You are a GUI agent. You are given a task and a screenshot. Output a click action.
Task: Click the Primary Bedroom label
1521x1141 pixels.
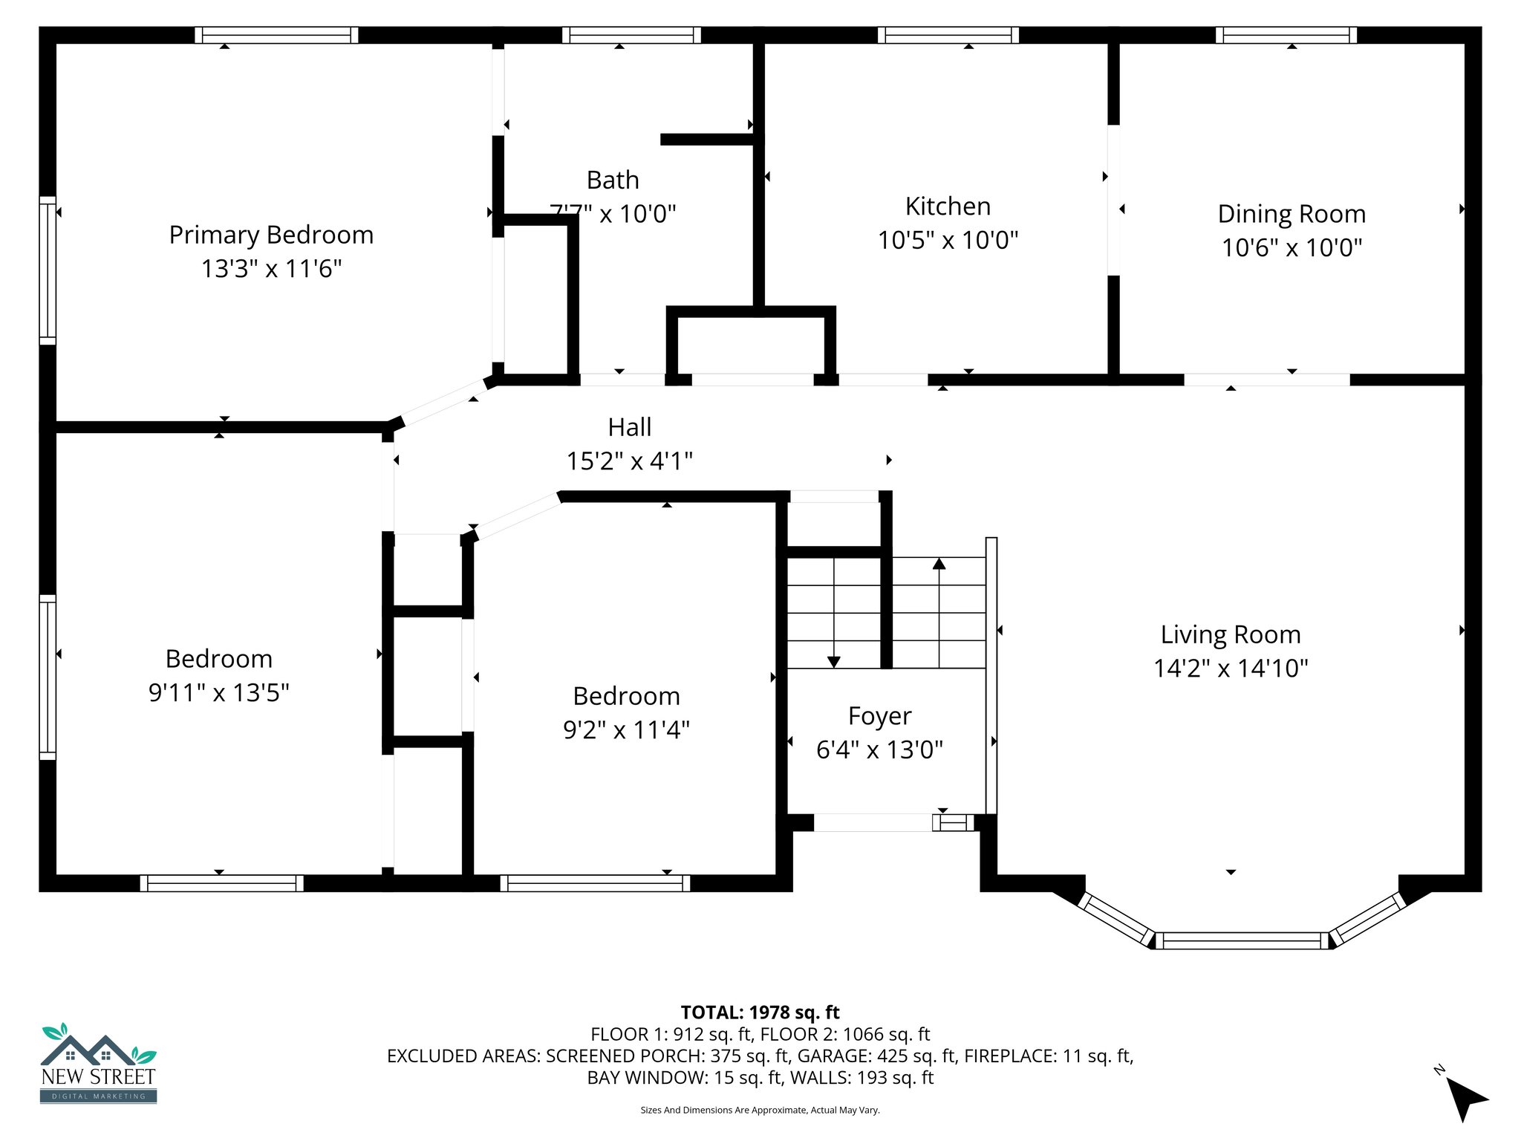[271, 235]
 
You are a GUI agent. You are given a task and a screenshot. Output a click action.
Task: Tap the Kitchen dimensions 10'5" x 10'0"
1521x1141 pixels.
[948, 240]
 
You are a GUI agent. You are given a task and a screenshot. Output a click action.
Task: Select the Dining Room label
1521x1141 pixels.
[1292, 214]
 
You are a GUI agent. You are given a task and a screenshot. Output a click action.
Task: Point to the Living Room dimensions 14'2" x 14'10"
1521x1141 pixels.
[1231, 668]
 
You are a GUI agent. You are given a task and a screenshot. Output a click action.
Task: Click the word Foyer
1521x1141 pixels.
[879, 716]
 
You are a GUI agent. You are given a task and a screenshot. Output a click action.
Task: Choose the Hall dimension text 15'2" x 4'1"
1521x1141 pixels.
[630, 461]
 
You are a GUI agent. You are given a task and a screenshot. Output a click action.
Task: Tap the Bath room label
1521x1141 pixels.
[613, 180]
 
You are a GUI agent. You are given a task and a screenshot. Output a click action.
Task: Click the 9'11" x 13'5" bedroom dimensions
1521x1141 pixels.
[219, 692]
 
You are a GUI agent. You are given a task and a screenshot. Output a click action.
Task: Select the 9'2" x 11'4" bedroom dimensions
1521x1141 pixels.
[626, 729]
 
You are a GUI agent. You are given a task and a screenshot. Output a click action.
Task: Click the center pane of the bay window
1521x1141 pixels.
[1241, 940]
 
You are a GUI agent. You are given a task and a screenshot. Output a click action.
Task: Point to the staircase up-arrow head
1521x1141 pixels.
[939, 564]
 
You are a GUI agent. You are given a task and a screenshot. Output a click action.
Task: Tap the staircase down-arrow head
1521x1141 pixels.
[833, 661]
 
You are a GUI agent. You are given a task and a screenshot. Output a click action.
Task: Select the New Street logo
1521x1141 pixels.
[99, 1064]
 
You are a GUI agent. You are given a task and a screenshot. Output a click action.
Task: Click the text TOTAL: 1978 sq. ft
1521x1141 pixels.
[760, 1012]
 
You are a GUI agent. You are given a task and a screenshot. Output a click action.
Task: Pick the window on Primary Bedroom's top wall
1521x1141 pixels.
[276, 35]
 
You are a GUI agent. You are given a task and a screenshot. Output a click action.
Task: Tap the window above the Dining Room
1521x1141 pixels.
[1286, 35]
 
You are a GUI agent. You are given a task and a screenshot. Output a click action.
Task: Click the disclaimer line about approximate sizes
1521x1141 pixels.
[760, 1110]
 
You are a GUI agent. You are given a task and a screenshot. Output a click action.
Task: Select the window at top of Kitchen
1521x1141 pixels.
[948, 35]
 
